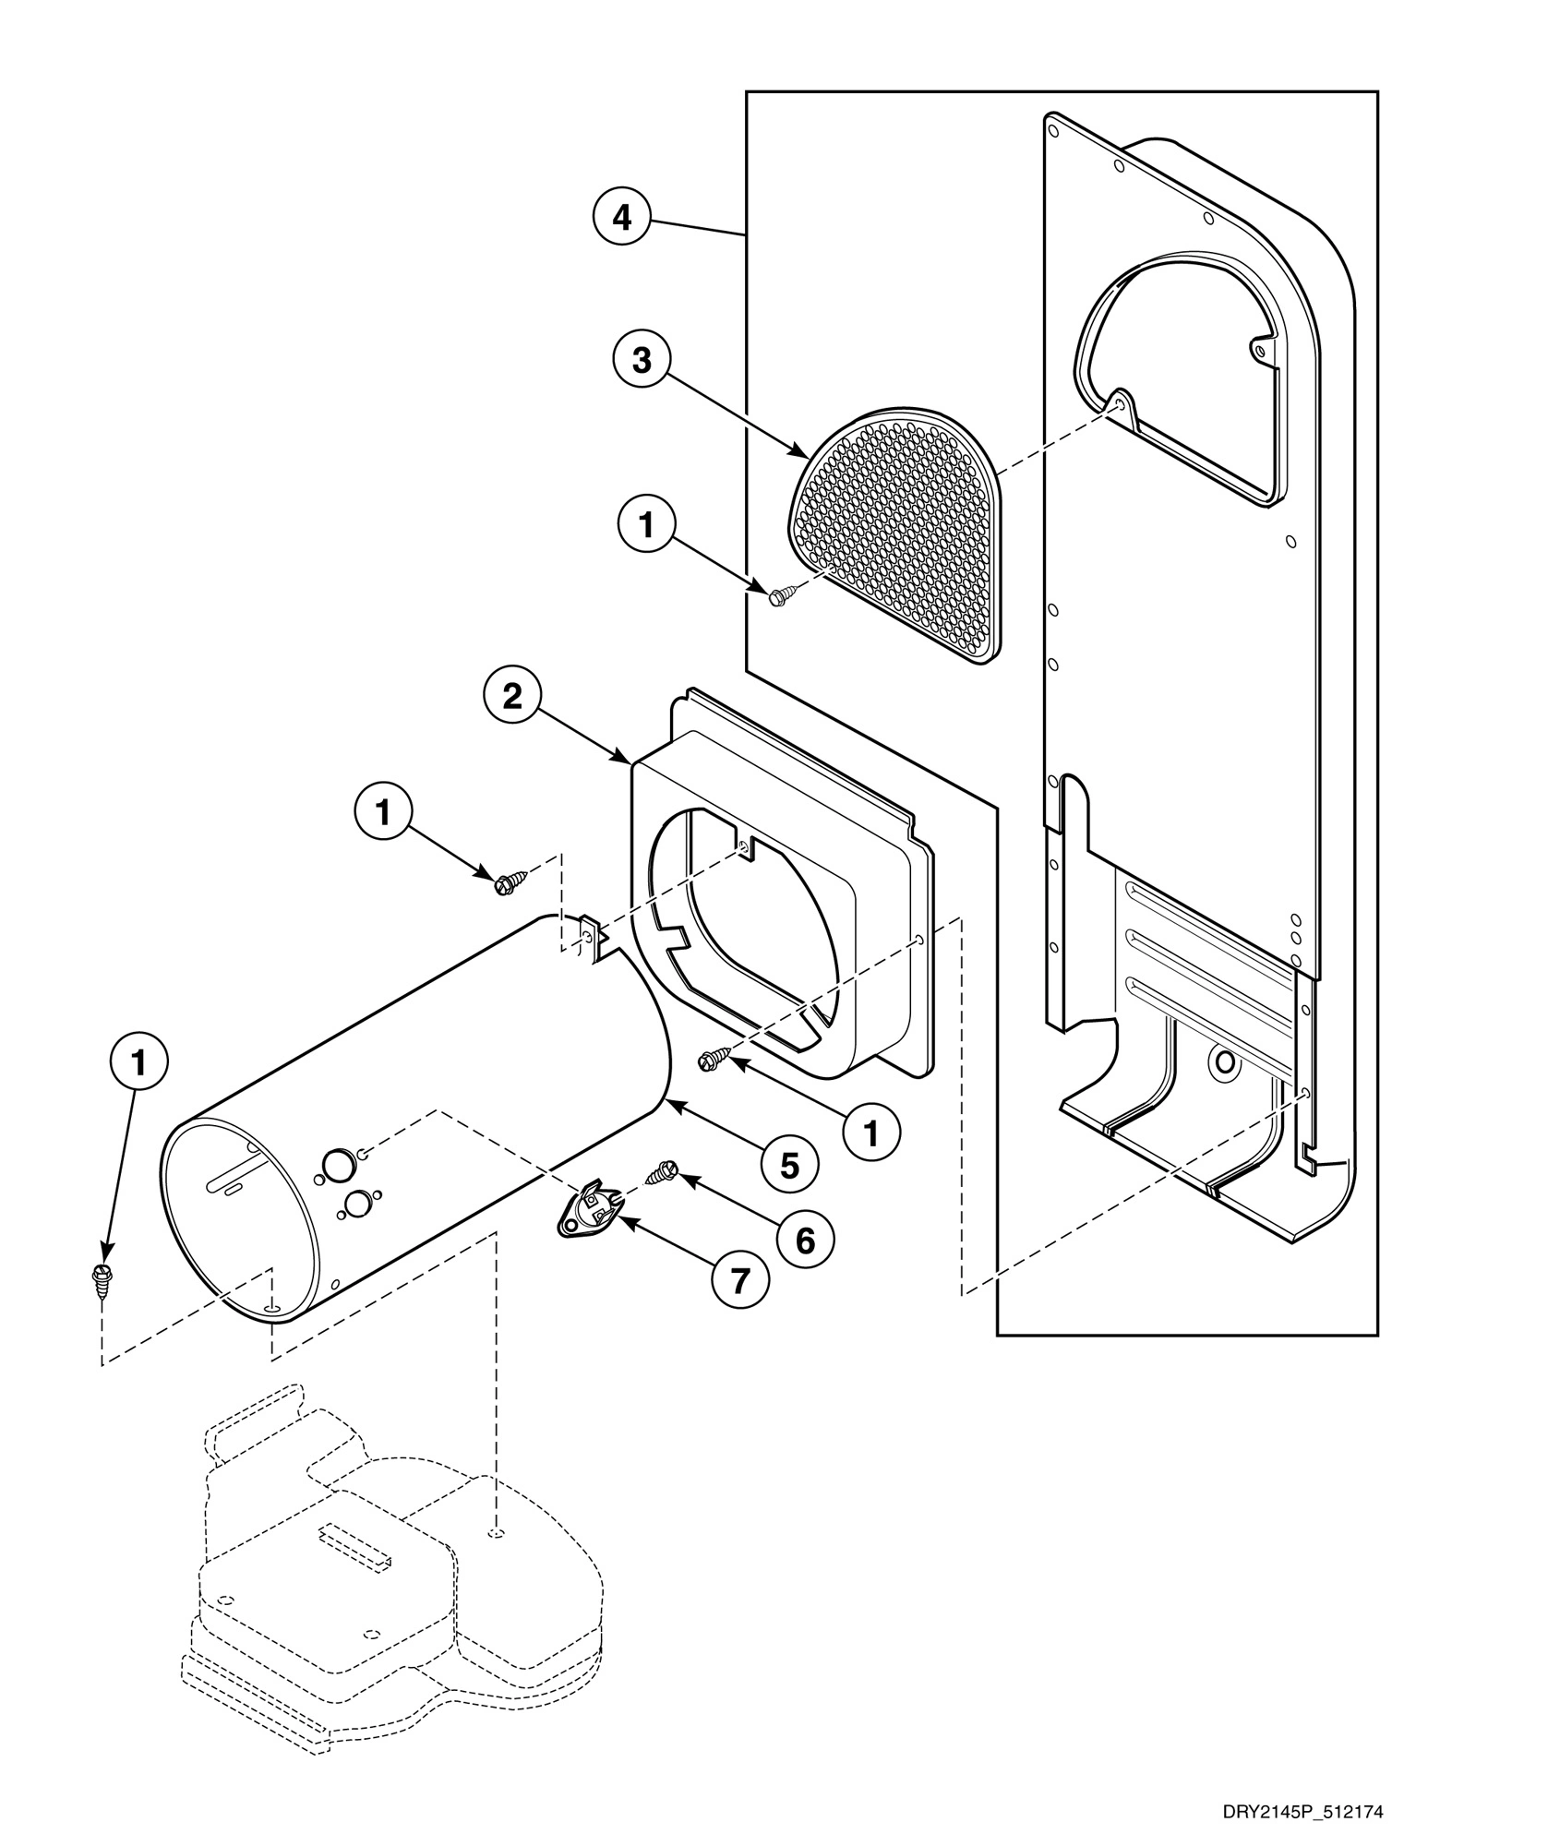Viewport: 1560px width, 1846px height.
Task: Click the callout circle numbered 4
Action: (x=622, y=219)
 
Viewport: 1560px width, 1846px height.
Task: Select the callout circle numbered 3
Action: (x=642, y=361)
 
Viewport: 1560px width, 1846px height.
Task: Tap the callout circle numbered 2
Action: (x=512, y=697)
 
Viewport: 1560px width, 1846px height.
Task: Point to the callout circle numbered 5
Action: (x=789, y=1166)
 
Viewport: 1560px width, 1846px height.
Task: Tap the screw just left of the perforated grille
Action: (x=780, y=596)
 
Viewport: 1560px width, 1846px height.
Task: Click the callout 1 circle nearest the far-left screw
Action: (x=138, y=1064)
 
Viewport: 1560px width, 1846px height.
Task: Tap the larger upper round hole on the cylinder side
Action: (x=338, y=1165)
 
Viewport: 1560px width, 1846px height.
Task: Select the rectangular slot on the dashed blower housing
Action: (x=355, y=1545)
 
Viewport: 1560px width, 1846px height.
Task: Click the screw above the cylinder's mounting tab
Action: (x=510, y=881)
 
